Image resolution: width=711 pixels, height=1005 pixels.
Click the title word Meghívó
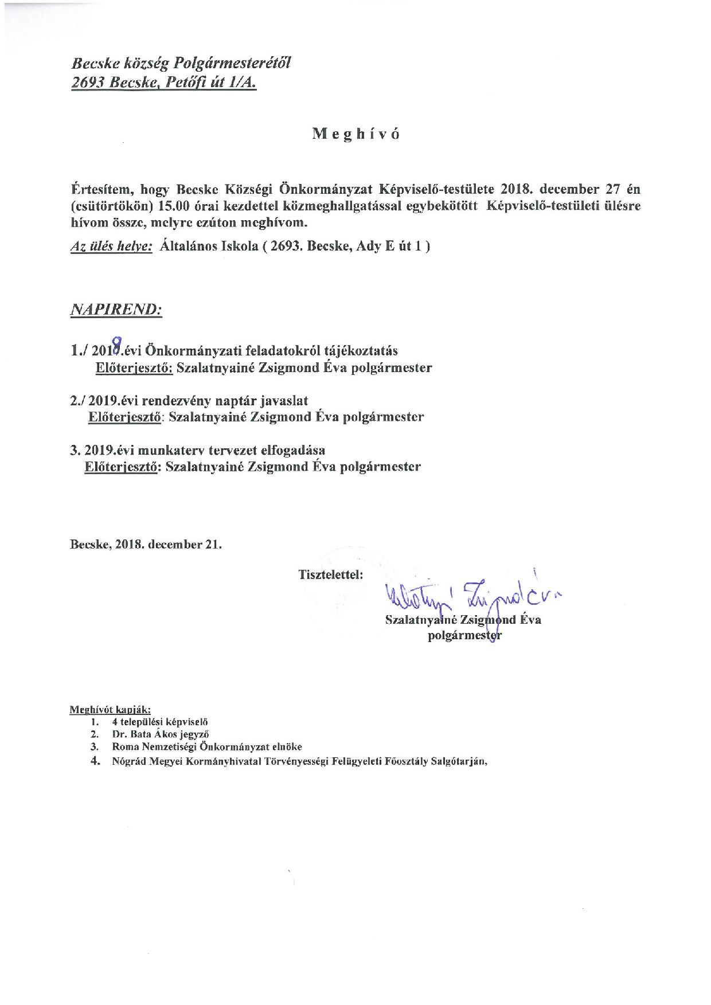[355, 134]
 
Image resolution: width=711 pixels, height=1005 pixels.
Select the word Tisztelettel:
[330, 574]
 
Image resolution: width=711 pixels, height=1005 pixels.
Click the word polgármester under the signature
[464, 635]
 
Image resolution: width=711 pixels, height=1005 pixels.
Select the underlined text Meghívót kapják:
[110, 710]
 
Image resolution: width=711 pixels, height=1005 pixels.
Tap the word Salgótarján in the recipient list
[456, 761]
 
